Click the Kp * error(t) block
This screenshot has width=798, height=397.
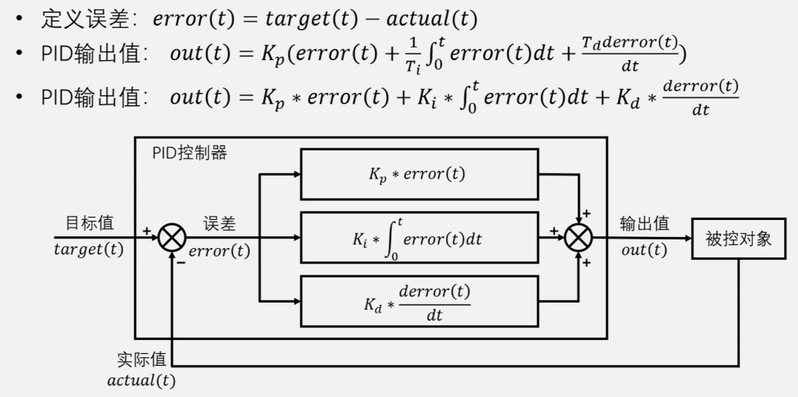(x=418, y=174)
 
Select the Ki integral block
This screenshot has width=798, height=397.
(x=418, y=237)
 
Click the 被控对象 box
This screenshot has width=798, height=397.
(x=738, y=238)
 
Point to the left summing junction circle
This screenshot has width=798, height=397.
(x=171, y=237)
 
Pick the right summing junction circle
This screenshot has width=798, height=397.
(x=578, y=237)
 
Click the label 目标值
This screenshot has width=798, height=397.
(x=89, y=223)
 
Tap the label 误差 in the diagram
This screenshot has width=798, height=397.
(x=220, y=224)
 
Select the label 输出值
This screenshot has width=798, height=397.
(x=644, y=224)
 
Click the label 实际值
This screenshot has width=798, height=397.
(x=141, y=360)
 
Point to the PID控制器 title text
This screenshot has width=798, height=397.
(x=189, y=153)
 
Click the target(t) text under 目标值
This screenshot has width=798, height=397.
(x=89, y=250)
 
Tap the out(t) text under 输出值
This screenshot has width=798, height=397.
(x=644, y=250)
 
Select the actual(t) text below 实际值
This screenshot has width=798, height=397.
(x=141, y=381)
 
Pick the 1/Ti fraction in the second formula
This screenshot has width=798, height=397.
(x=412, y=58)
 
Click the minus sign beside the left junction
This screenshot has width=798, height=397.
(x=180, y=262)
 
